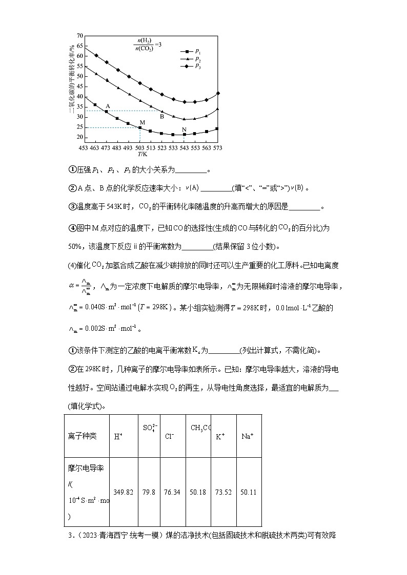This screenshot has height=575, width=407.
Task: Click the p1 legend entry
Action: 193,52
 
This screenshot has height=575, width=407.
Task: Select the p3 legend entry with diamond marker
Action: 193,67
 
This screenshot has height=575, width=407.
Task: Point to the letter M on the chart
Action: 143,123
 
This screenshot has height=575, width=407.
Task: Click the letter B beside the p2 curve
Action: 161,116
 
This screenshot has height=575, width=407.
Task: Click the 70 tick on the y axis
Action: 79,36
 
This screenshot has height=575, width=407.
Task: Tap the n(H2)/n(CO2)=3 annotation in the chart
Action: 149,45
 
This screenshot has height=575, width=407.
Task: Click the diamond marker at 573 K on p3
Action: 218,93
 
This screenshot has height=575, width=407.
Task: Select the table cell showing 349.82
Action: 123,492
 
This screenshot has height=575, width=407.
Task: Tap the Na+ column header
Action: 248,437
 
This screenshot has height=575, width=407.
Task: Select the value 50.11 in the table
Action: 249,492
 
